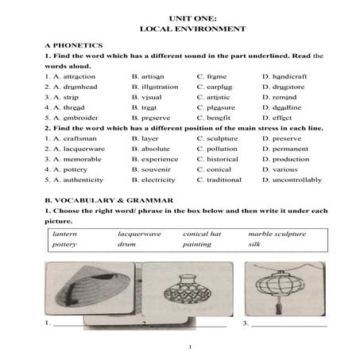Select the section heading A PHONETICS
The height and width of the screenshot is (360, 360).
click(73, 45)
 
